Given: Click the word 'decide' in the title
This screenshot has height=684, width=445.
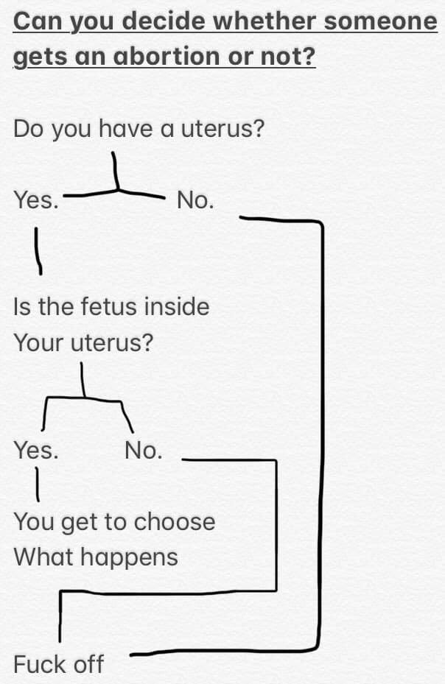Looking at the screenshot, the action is click(163, 21).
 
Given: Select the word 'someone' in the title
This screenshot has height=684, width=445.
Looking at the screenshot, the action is click(381, 21).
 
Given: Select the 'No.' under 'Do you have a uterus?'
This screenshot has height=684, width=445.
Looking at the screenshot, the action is click(195, 200).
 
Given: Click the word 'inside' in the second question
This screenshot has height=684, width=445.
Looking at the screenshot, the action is click(176, 306).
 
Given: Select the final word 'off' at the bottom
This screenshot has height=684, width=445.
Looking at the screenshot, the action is click(88, 664).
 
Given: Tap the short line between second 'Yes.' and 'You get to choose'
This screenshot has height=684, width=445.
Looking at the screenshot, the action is click(35, 486).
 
